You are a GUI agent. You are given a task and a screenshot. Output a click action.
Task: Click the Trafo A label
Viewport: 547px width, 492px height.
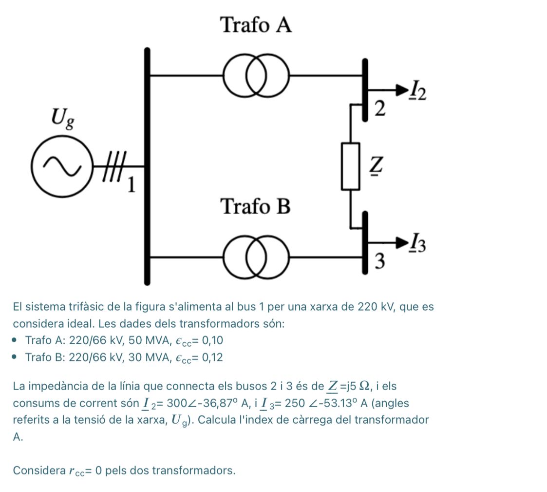click(x=256, y=25)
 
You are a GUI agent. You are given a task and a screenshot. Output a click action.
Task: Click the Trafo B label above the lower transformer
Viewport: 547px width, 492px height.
click(x=256, y=206)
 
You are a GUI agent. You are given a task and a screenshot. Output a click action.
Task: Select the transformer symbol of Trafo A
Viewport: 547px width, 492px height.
click(x=256, y=76)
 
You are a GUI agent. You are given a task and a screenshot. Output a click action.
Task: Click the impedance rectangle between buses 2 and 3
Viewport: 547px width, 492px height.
click(x=350, y=166)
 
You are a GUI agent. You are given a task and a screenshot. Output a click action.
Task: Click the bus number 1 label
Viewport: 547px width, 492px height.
click(x=132, y=185)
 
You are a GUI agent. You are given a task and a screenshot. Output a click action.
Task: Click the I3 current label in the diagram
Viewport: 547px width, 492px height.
click(x=418, y=244)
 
